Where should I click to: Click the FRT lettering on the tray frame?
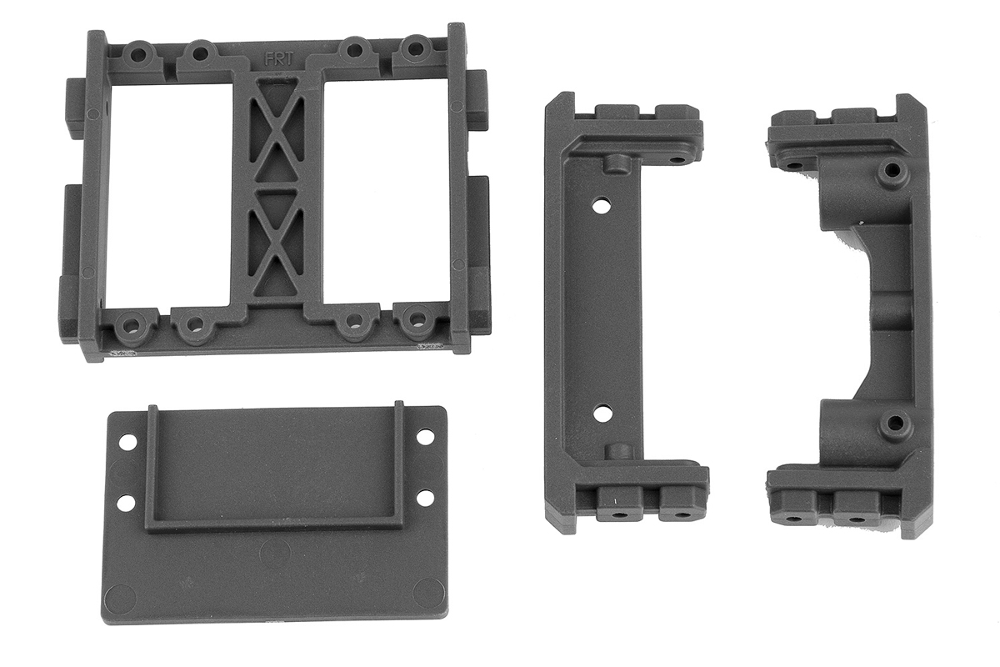[278, 59]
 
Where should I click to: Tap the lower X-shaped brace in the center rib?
[277, 243]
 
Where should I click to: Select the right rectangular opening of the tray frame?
[386, 193]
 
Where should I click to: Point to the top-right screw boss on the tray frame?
[416, 48]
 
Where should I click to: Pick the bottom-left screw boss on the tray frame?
[130, 327]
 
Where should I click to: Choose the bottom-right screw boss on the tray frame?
[417, 319]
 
